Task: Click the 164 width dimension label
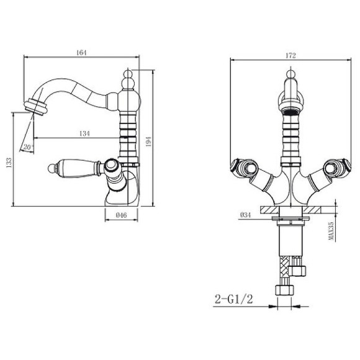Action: coord(81,53)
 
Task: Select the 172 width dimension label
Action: coord(290,56)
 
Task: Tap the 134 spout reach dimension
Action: coord(84,133)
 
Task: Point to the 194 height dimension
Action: coord(148,142)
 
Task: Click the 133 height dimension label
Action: coord(9,163)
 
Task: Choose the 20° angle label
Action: coord(28,147)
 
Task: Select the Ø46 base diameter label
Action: coord(121,215)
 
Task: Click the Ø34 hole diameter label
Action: coord(245,215)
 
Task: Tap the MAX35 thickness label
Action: coord(331,230)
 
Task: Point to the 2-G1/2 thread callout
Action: coord(233,299)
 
